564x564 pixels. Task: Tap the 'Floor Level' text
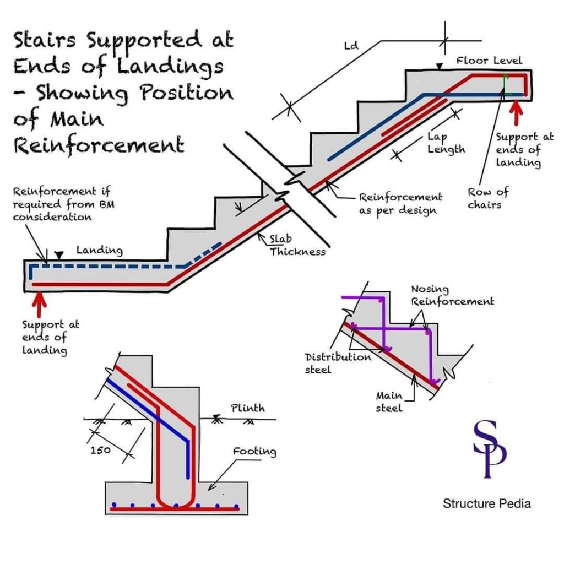tap(489, 60)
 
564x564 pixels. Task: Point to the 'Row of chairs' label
tap(487, 198)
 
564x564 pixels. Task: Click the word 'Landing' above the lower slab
tap(99, 250)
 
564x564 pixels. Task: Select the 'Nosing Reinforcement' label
tap(453, 295)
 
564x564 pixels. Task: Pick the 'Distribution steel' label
tap(338, 363)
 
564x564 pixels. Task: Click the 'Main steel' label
tap(389, 402)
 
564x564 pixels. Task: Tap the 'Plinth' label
tap(247, 408)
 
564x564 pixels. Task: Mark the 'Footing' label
tap(254, 452)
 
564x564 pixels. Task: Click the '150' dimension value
tap(100, 450)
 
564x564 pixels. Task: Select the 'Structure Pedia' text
tap(487, 503)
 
